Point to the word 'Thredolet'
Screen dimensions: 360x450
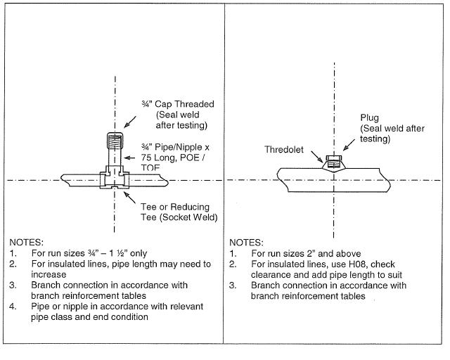point(284,150)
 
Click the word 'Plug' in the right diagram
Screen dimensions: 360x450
point(370,118)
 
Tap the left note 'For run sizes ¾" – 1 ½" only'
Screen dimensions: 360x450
point(92,252)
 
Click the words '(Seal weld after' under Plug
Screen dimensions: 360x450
point(396,129)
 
